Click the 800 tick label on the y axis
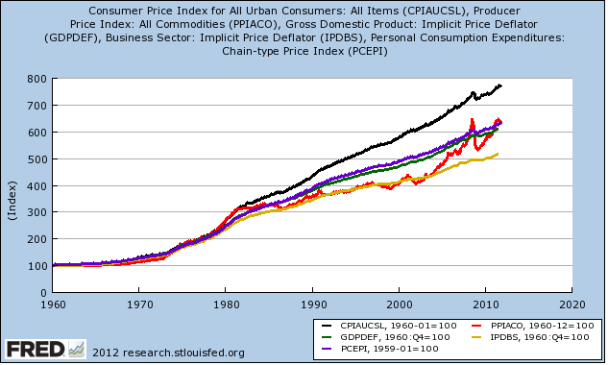pos(36,79)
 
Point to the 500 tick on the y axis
pos(36,159)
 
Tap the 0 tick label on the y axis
pos(43,293)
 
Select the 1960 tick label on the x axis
pos(53,304)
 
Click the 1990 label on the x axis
pos(313,304)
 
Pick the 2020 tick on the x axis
pos(572,304)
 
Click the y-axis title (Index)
pos(12,201)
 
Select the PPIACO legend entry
pos(533,326)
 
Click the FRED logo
pos(45,349)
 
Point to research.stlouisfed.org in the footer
pos(183,353)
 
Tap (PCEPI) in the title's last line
pos(368,51)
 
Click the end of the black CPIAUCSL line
pos(501,85)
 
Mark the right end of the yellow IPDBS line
pos(498,154)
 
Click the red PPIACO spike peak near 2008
pos(472,120)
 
